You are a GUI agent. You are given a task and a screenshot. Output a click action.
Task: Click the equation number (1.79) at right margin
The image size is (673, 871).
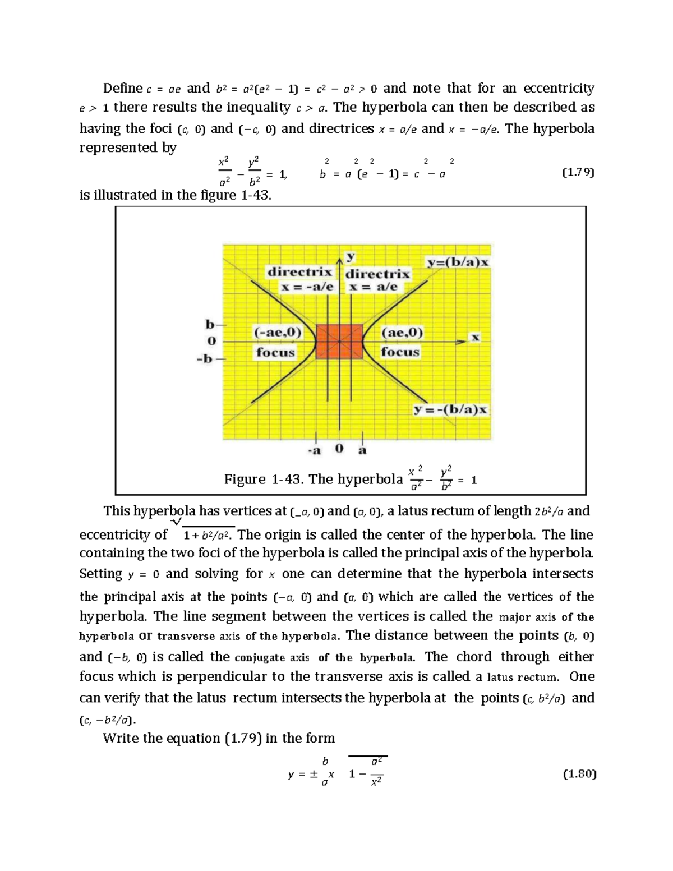(x=578, y=173)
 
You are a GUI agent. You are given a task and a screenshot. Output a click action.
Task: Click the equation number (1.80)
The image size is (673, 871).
(x=579, y=775)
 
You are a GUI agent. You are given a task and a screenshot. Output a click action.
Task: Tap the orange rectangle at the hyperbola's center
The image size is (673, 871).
(x=339, y=341)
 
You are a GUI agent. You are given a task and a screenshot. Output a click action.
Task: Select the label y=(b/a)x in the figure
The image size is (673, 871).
(x=458, y=262)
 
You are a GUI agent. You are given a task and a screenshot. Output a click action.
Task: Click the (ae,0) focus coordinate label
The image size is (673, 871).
(x=402, y=332)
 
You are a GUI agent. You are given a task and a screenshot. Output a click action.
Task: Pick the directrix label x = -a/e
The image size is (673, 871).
(x=307, y=287)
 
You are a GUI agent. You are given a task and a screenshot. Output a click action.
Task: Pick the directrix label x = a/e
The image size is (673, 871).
(x=373, y=287)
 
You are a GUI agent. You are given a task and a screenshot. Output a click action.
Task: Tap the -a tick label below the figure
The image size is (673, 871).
(x=314, y=450)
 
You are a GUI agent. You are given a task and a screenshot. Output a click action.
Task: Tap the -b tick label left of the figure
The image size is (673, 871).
(x=205, y=359)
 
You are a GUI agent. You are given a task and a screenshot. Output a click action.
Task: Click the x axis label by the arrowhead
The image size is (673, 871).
(x=476, y=338)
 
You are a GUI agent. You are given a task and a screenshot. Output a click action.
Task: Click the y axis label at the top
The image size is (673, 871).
(x=351, y=257)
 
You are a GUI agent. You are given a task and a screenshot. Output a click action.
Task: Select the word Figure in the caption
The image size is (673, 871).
(x=245, y=479)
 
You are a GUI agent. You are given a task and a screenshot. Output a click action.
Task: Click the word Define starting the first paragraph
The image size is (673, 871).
(x=122, y=88)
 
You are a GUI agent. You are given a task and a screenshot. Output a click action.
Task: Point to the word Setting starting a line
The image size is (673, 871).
(x=100, y=574)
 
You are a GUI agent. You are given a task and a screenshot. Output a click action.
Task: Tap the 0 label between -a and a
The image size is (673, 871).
(x=339, y=449)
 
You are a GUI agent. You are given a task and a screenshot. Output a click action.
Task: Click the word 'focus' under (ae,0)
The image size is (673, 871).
(x=400, y=352)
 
